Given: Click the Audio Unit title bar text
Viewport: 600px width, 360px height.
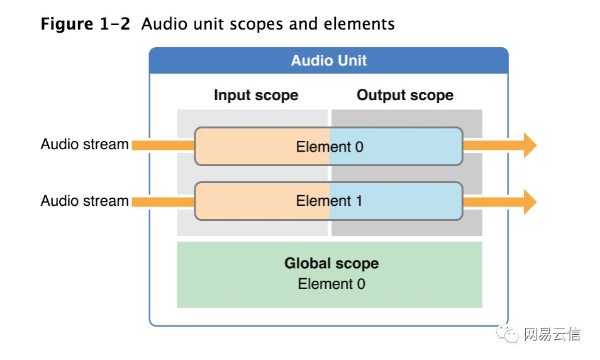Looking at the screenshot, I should [328, 61].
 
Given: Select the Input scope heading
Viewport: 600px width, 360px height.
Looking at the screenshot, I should [256, 95].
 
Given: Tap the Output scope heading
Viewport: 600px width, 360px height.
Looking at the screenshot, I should [405, 95].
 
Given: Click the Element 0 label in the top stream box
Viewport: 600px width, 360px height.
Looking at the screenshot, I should [330, 147].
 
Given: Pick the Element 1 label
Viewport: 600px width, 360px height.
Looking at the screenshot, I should [329, 201].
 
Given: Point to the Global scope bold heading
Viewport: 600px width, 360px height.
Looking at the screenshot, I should [331, 263].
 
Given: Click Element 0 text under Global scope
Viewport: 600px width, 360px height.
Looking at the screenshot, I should [331, 284].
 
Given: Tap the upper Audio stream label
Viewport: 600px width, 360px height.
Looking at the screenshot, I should [84, 145].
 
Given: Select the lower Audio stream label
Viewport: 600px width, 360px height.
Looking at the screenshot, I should [84, 201].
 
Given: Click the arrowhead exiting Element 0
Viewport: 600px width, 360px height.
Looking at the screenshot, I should [529, 145].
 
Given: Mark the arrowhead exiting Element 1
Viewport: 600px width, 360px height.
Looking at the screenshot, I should [529, 202].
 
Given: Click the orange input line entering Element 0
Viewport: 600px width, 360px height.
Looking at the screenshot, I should [162, 145].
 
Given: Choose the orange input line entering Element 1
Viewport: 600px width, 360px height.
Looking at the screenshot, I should [162, 201].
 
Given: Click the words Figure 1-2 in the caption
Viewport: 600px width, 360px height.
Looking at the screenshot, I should [85, 25].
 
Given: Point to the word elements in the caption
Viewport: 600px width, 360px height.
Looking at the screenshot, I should [359, 25].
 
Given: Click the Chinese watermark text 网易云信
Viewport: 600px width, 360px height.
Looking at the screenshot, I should [552, 334].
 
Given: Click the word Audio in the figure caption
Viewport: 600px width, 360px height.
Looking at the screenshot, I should [161, 25].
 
